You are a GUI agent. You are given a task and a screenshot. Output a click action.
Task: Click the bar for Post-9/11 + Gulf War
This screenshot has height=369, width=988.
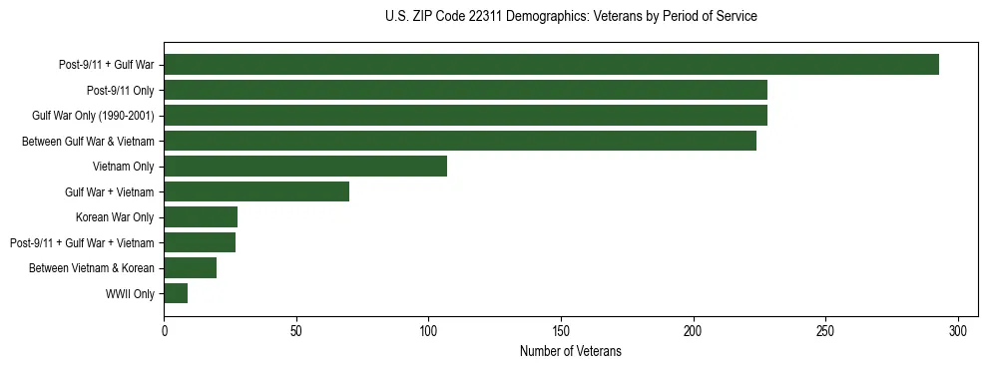tap(551, 65)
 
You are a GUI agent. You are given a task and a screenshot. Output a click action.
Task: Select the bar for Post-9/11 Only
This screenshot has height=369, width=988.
tap(465, 90)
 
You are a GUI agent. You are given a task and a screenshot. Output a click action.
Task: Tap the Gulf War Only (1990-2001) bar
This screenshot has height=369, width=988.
tap(465, 116)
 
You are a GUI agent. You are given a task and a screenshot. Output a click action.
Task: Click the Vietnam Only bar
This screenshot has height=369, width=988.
tap(305, 167)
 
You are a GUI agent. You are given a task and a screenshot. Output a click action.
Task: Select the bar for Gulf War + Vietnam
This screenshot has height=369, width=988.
tap(256, 191)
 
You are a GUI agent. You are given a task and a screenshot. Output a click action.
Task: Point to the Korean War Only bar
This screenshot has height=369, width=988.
tap(201, 217)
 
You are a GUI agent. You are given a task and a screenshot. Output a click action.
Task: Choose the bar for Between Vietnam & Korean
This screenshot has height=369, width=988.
tap(190, 268)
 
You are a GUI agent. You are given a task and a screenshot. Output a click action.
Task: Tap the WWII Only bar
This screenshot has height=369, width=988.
tap(176, 293)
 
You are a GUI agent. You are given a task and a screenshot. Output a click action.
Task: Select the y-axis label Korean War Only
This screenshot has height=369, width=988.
tap(115, 217)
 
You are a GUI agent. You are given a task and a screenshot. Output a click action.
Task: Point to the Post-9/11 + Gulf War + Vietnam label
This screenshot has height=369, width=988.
tap(82, 243)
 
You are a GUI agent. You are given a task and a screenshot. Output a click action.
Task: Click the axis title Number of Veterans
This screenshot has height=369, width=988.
tap(570, 351)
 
